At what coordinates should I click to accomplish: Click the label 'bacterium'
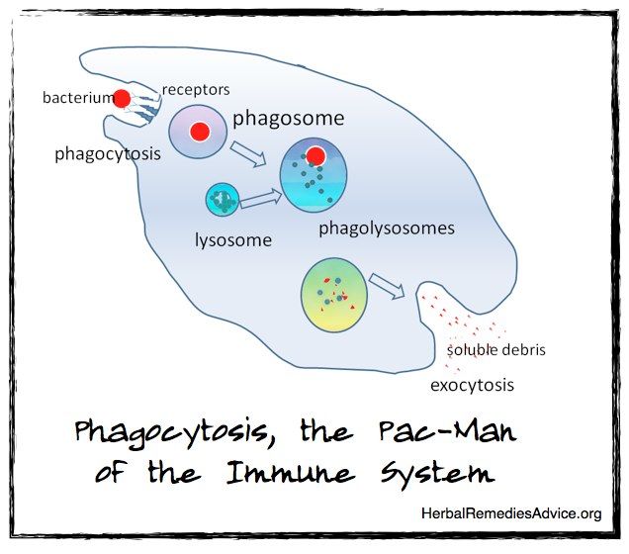tap(78, 98)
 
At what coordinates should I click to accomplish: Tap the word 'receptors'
tap(196, 90)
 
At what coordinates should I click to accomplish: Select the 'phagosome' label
tap(289, 119)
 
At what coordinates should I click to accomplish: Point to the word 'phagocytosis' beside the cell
tap(108, 154)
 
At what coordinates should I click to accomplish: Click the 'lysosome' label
tap(233, 240)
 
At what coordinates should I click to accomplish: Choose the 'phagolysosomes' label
tap(387, 229)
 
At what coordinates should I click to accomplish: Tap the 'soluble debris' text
tap(496, 350)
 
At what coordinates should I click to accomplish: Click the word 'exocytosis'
tap(472, 385)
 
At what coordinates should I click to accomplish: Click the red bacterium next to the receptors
tap(122, 99)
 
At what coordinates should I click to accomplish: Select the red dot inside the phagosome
tap(200, 132)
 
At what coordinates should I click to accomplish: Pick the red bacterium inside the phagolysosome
tap(315, 156)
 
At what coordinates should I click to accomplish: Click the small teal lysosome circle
tap(223, 200)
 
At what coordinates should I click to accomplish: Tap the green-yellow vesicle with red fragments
tap(333, 295)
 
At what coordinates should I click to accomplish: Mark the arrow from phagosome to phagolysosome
tap(248, 153)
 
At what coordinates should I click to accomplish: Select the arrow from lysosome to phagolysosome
tap(261, 198)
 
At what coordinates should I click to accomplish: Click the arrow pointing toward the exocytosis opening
tap(387, 286)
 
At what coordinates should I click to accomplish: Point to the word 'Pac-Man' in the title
tap(447, 431)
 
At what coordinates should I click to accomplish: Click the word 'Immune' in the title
tap(290, 473)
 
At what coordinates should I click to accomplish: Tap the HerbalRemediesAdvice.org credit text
tap(511, 513)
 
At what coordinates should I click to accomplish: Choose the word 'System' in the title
tap(437, 475)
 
